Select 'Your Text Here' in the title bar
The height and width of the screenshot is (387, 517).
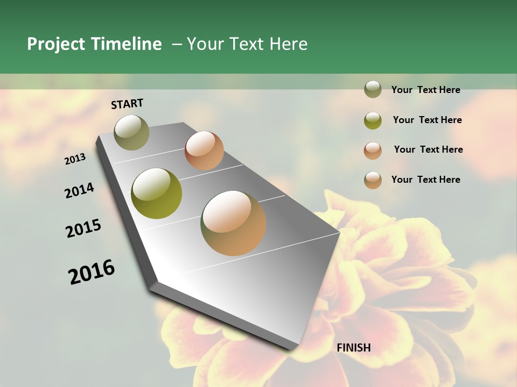pos(247,44)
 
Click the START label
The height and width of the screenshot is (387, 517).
pos(127,104)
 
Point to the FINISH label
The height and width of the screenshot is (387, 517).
pos(354,348)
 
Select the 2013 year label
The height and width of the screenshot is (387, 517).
pos(75,159)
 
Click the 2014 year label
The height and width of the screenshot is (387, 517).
pos(80,191)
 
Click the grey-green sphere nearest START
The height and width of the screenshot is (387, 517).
pos(132,132)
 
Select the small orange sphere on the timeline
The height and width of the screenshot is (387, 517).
pos(204,150)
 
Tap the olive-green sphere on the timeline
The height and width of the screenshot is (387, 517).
pos(157,193)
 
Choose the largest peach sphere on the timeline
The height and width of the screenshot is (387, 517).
pos(233,223)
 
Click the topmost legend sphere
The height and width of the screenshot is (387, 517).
pos(373,89)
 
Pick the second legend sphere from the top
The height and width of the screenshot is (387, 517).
pos(373,120)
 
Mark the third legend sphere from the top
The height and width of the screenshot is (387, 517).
pos(373,150)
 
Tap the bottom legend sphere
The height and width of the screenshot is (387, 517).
pos(373,180)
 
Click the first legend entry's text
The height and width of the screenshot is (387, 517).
pos(425,90)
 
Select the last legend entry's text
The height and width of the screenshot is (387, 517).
pos(425,180)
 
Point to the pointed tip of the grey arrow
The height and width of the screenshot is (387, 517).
pos(339,233)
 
